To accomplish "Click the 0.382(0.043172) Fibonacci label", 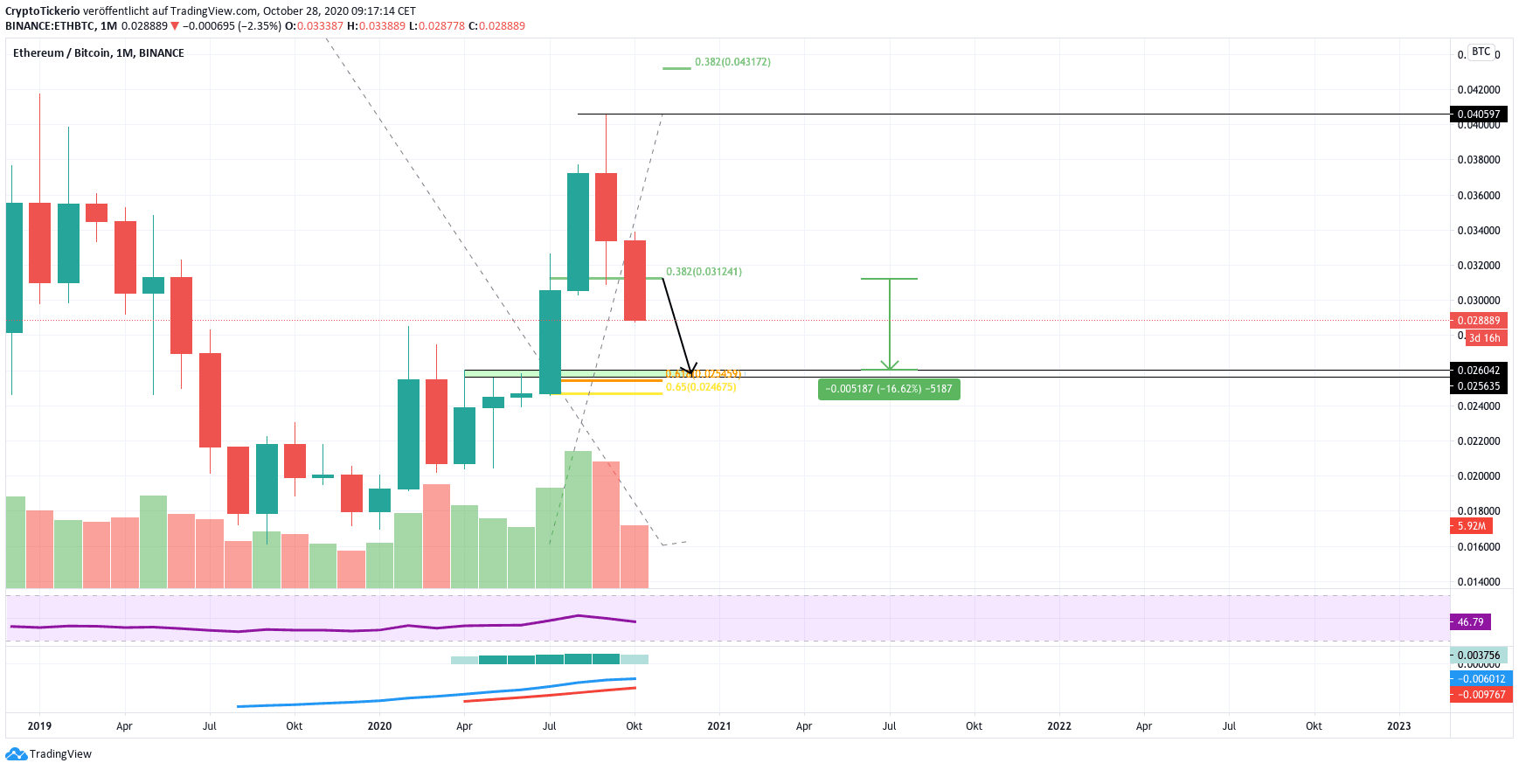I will click(732, 62).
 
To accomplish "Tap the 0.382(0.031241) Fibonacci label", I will click(704, 272).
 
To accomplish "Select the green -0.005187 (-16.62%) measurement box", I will click(889, 389).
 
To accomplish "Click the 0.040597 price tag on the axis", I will click(1479, 114).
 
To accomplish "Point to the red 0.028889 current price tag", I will click(1479, 321).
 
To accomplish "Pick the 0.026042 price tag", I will click(1479, 371).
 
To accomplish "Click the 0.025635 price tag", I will click(1479, 386).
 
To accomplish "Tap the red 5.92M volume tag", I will click(1472, 526).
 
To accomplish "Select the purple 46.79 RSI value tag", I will click(1471, 622).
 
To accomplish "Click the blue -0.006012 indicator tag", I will click(1481, 679).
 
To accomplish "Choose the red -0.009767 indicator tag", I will click(1481, 695).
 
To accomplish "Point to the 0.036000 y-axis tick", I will click(1479, 196).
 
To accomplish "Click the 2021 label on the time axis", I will click(719, 726).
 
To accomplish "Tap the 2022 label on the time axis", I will click(1059, 726).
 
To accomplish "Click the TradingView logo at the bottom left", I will click(49, 754).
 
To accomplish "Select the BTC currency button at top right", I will click(1481, 52).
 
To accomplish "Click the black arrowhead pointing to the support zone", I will click(691, 369).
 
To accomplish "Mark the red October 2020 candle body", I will click(635, 281).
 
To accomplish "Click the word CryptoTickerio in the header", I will click(42, 11).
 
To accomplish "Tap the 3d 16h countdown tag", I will click(1484, 338).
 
